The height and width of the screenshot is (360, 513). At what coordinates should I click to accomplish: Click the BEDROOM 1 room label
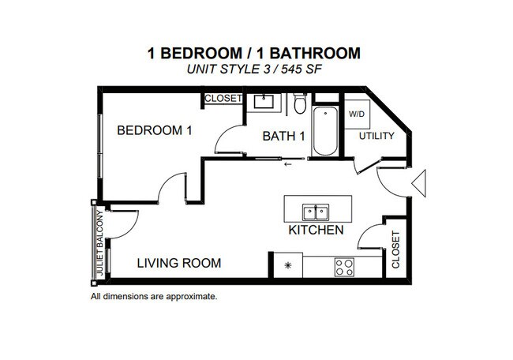(155, 130)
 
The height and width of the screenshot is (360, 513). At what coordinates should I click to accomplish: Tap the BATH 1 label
(283, 137)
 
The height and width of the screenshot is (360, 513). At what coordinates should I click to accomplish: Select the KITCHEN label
(316, 231)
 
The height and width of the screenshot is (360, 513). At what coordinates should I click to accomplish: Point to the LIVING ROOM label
(180, 263)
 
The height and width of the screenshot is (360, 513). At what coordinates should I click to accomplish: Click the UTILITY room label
(376, 136)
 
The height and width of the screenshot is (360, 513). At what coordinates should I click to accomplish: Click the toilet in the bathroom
(299, 103)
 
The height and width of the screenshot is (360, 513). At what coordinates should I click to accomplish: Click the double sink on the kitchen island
(317, 211)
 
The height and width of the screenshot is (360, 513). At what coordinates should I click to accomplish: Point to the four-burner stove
(344, 266)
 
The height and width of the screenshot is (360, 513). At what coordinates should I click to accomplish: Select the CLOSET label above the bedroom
(223, 99)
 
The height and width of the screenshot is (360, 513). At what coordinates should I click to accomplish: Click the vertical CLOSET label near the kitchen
(395, 249)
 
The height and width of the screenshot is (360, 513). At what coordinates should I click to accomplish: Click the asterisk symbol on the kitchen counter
(288, 265)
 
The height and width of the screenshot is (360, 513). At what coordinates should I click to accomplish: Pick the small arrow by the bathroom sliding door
(288, 164)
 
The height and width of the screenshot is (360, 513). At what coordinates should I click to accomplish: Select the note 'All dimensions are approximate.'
(154, 297)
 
